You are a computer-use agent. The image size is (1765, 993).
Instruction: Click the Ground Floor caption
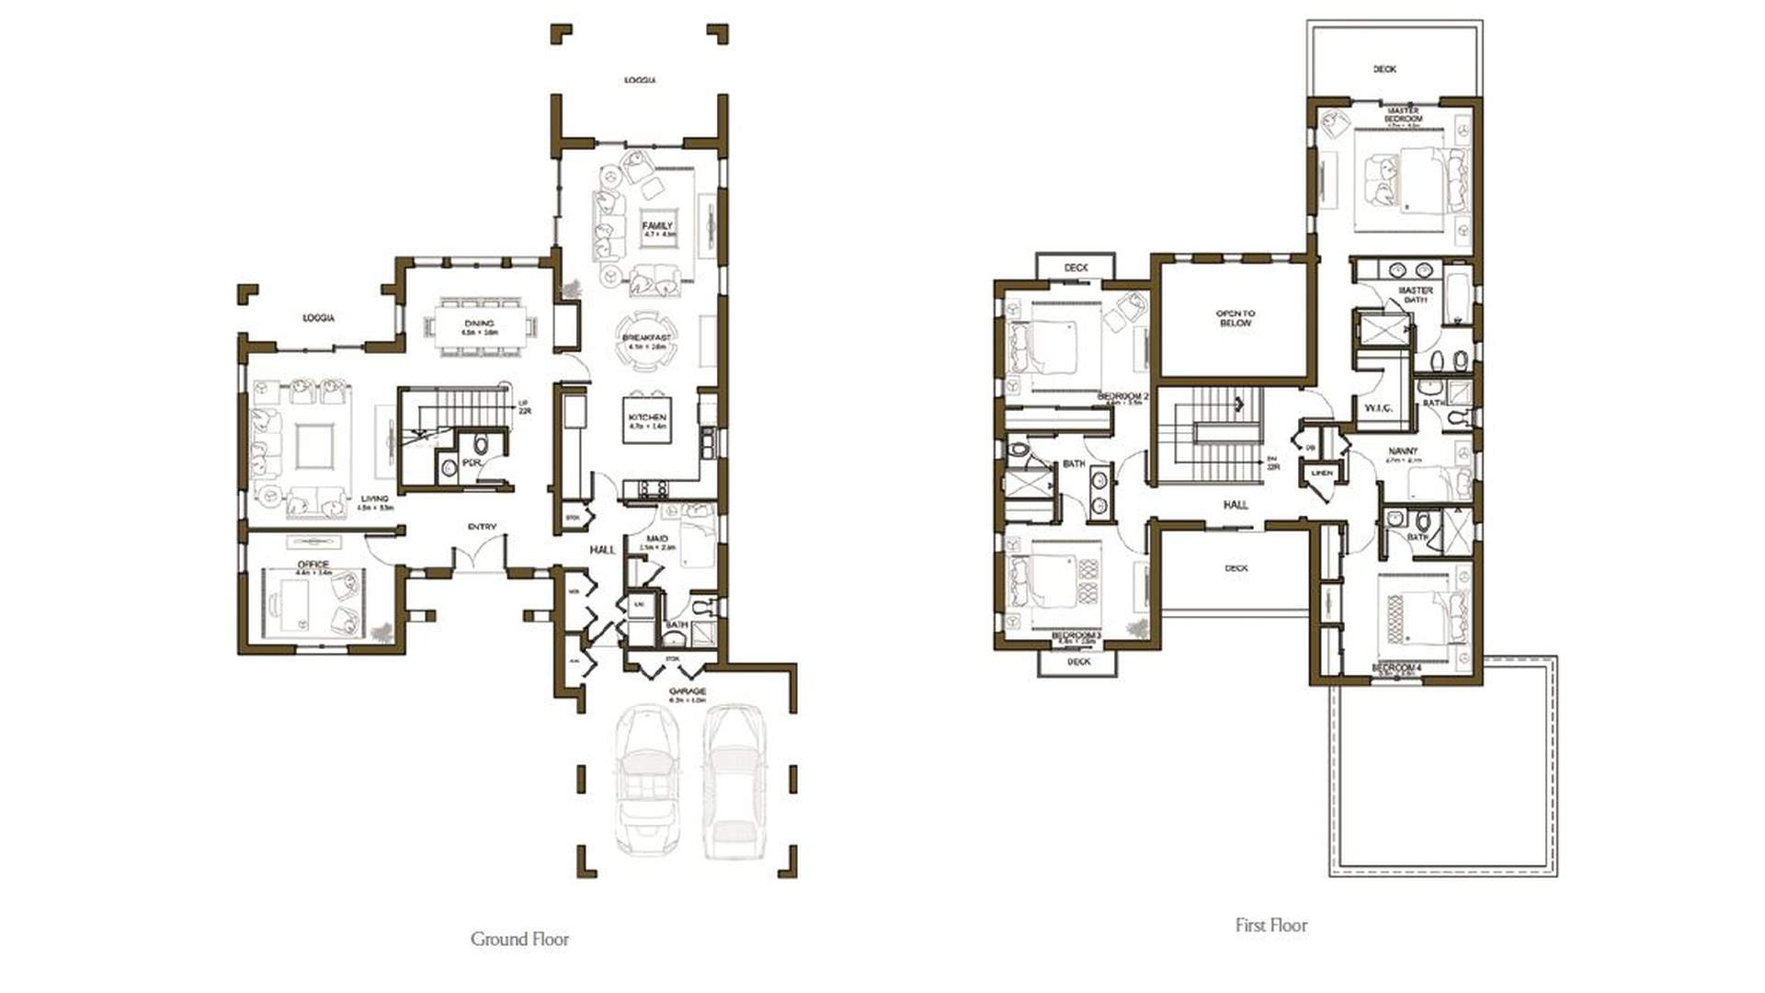tap(519, 939)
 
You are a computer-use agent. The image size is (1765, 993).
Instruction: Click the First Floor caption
tap(1270, 925)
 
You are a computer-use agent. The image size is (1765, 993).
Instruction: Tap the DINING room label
tap(479, 324)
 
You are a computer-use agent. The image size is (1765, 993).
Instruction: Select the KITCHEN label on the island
tap(647, 417)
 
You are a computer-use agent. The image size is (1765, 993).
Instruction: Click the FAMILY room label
tap(657, 225)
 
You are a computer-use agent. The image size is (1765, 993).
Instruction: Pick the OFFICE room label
tap(313, 565)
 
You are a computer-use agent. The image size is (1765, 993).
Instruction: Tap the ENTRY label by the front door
tap(482, 527)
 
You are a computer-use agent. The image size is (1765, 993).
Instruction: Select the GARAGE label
tap(687, 691)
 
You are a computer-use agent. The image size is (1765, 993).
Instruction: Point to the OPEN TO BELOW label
tap(1235, 318)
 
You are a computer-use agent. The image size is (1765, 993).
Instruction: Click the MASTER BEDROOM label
tap(1403, 115)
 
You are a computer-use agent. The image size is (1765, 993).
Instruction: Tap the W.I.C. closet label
tap(1378, 407)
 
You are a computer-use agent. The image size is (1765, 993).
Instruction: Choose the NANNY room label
tap(1403, 451)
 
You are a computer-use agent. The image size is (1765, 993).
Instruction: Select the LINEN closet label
tap(1321, 473)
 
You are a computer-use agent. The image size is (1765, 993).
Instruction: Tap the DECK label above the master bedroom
tap(1384, 69)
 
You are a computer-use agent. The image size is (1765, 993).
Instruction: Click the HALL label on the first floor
tap(1235, 505)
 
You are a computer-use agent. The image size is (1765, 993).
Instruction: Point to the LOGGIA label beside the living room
tap(319, 318)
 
